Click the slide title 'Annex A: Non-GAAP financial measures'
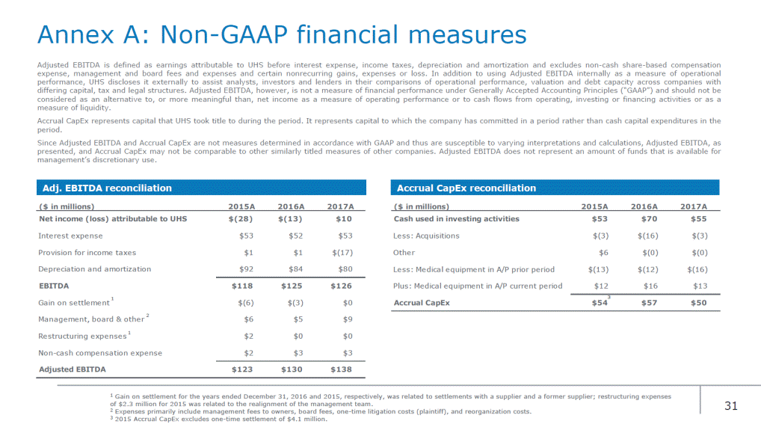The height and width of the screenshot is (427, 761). point(282,35)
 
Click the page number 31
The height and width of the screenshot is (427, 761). point(731,405)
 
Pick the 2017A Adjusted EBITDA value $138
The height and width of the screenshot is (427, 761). point(341,369)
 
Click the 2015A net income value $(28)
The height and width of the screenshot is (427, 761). point(241,218)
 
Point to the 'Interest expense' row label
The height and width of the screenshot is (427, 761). point(70,236)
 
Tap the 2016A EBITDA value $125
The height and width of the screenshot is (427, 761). point(292,286)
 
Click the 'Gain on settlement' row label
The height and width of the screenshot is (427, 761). point(74,303)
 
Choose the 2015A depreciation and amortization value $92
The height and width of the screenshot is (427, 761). point(246,269)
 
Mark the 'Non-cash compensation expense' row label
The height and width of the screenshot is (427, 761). point(100,353)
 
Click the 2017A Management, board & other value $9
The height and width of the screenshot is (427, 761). point(348,319)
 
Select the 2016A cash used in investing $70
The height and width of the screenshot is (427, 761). point(649,218)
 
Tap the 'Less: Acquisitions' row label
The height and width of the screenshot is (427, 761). point(426,236)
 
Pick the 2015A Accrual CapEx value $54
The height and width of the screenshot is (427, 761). point(600,303)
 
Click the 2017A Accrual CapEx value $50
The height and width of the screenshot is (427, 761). point(699,303)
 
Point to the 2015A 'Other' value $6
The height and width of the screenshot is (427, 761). point(603,253)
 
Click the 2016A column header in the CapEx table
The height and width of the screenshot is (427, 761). point(644,206)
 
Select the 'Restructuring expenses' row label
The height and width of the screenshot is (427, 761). point(82,337)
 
